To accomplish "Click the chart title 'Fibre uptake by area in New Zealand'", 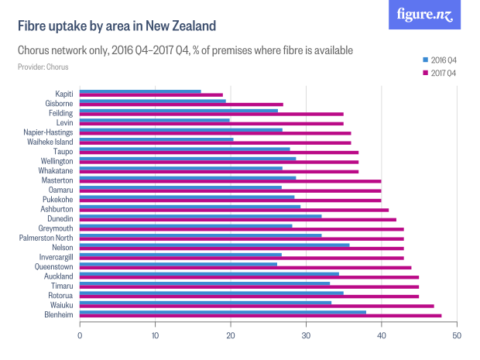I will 117,26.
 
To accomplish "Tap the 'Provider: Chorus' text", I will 43,67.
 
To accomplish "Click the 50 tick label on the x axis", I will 457,335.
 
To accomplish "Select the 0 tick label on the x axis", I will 80,335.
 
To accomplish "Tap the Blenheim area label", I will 58,314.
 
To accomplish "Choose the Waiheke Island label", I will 48,142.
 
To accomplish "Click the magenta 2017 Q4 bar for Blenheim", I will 260,316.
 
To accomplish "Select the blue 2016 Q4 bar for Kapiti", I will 140,91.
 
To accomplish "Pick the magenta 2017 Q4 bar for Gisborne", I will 181,105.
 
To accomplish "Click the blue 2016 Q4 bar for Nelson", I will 214,245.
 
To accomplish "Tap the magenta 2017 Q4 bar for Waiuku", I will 256,307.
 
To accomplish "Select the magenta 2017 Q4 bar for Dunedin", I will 238,220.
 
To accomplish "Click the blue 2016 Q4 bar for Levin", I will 155,120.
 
